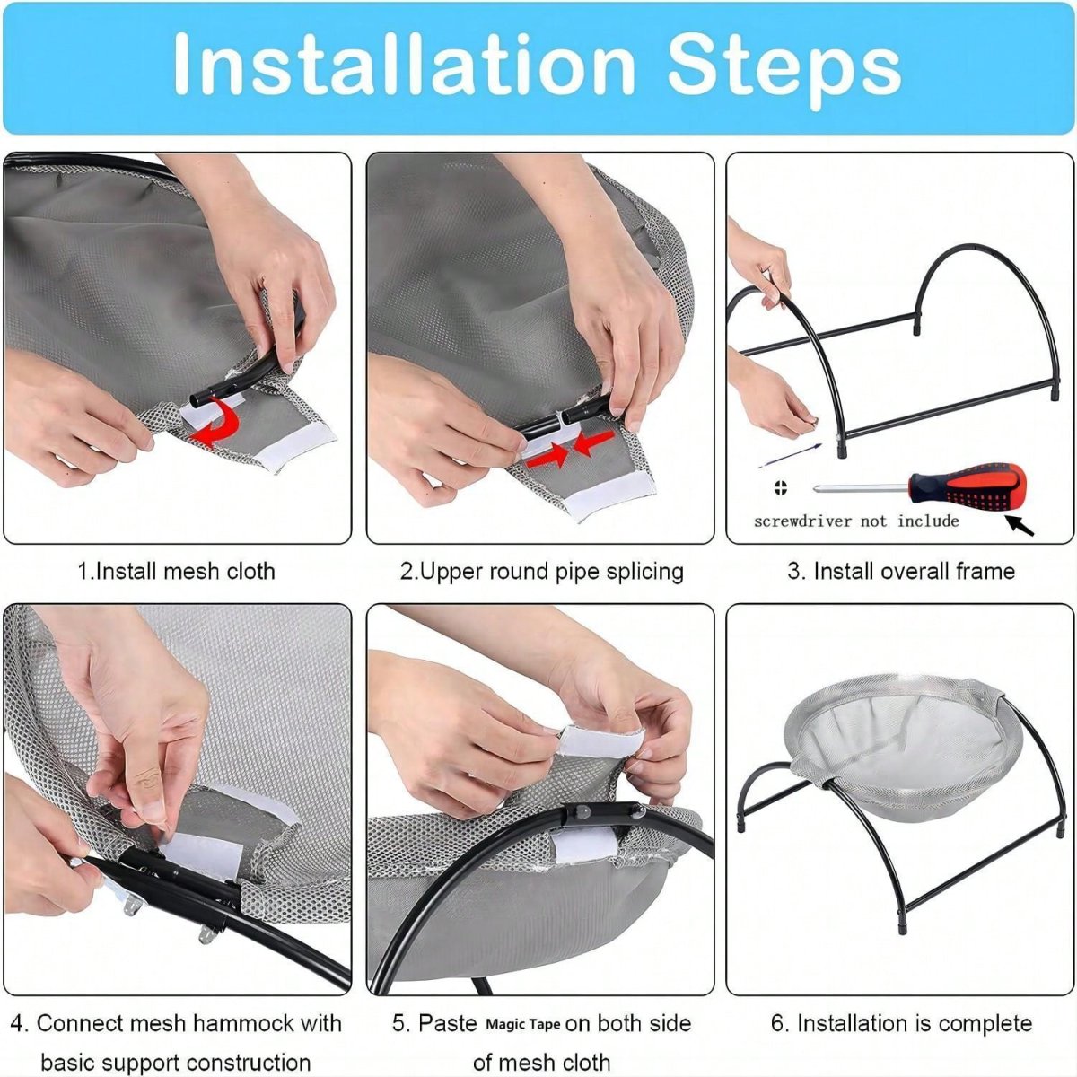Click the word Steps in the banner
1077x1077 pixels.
784,69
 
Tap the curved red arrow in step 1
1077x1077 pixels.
218,422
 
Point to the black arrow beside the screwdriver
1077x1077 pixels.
1019,526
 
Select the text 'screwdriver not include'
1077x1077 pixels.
855,521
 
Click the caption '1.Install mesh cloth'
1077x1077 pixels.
176,571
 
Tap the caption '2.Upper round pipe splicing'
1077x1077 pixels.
541,572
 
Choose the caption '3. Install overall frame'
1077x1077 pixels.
901,571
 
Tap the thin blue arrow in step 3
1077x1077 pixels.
790,456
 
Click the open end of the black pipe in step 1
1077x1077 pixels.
197,399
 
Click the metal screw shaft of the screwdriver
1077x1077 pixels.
861,489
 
